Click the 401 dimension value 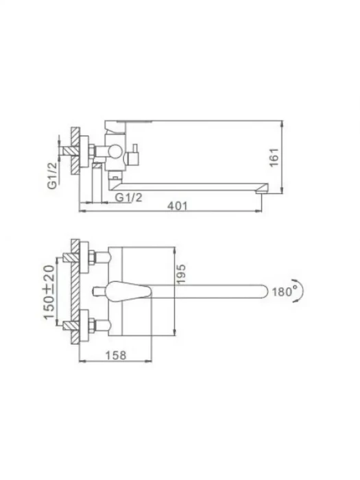(177, 206)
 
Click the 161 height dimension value (274, 157)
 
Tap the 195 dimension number (181, 274)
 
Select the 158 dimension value (116, 355)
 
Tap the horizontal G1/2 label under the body (129, 197)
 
